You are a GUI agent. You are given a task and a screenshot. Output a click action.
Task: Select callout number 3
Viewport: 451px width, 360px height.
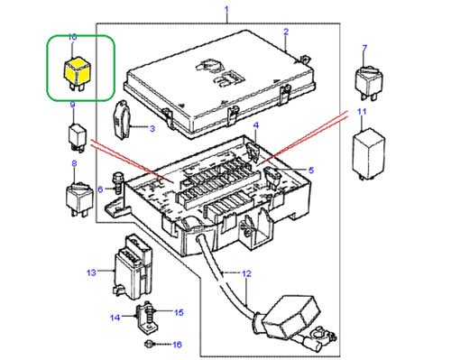tap(152, 130)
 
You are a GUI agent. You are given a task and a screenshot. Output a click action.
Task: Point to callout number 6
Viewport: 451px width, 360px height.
tap(100, 189)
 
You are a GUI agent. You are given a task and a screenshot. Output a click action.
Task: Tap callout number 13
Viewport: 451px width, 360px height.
tap(91, 272)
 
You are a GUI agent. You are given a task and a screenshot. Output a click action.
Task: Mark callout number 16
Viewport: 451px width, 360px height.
tap(178, 345)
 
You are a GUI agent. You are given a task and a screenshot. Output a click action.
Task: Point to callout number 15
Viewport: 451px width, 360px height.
tap(179, 312)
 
